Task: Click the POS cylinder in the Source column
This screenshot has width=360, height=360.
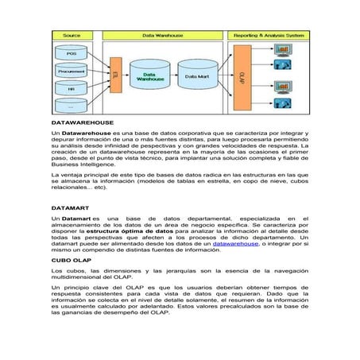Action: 71,52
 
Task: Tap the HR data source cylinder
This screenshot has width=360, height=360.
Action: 71,87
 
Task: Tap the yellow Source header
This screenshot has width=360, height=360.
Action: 71,37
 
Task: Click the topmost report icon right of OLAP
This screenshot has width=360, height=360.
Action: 282,49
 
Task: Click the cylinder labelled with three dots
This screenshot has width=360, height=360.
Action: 71,105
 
